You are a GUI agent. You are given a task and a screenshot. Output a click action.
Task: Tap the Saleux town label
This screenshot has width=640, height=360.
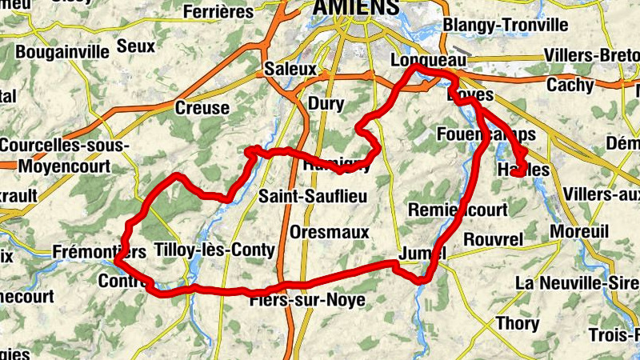(x=290, y=69)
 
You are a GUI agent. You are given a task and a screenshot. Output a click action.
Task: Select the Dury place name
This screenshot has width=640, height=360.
(x=326, y=103)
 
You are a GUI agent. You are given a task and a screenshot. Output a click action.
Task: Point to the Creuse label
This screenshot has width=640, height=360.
(x=202, y=107)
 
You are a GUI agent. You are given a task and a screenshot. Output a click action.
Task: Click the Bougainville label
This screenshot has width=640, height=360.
(x=62, y=52)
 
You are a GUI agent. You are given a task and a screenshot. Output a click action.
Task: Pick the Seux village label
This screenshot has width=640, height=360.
(x=136, y=46)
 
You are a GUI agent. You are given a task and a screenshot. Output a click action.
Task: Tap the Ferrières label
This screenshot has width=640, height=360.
(x=218, y=12)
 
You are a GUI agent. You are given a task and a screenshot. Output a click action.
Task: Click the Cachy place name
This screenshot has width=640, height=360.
(x=570, y=85)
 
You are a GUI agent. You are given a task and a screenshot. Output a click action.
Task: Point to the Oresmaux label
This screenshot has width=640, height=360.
(x=330, y=232)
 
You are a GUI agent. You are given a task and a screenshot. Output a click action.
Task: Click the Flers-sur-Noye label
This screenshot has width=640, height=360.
(x=307, y=300)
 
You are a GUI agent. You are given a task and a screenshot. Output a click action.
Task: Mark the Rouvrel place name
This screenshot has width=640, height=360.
(x=493, y=239)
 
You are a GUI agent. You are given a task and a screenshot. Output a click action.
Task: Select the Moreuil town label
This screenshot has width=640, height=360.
(x=580, y=231)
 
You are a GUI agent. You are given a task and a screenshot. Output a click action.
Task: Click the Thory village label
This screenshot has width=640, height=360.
(x=518, y=324)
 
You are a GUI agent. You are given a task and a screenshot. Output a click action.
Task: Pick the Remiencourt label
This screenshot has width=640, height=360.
(x=458, y=210)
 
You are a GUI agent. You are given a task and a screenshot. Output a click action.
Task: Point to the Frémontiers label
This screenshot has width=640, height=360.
(x=99, y=252)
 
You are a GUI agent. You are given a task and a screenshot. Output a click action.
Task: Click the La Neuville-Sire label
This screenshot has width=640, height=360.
(x=576, y=283)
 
